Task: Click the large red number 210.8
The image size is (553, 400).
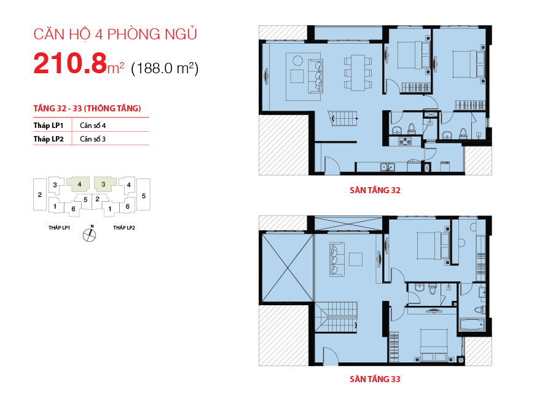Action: pos(70,63)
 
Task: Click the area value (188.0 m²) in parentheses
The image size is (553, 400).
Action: pos(165,68)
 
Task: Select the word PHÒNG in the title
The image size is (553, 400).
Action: pos(134,34)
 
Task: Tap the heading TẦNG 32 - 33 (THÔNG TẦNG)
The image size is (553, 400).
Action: pos(87,108)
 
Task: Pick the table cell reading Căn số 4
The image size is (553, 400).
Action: pos(93,126)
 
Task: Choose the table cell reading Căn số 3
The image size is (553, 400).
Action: pos(93,139)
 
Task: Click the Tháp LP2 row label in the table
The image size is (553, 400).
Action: pos(49,139)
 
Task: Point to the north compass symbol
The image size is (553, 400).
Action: pos(90,234)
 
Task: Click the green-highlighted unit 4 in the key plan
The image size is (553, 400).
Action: pos(78,184)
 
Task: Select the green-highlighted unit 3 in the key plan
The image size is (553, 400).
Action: pos(104,184)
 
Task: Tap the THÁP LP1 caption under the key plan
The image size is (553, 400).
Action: pos(59,228)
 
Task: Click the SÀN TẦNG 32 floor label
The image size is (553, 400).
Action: pos(375,190)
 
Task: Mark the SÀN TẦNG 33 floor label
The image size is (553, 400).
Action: pos(375,379)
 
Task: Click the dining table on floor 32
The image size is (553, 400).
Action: pos(358,73)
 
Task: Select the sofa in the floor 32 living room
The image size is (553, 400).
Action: pos(316,76)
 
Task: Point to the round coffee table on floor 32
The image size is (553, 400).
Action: pos(297,60)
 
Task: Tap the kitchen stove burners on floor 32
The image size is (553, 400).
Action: pos(406,142)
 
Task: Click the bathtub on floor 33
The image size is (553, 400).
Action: pos(472,325)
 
